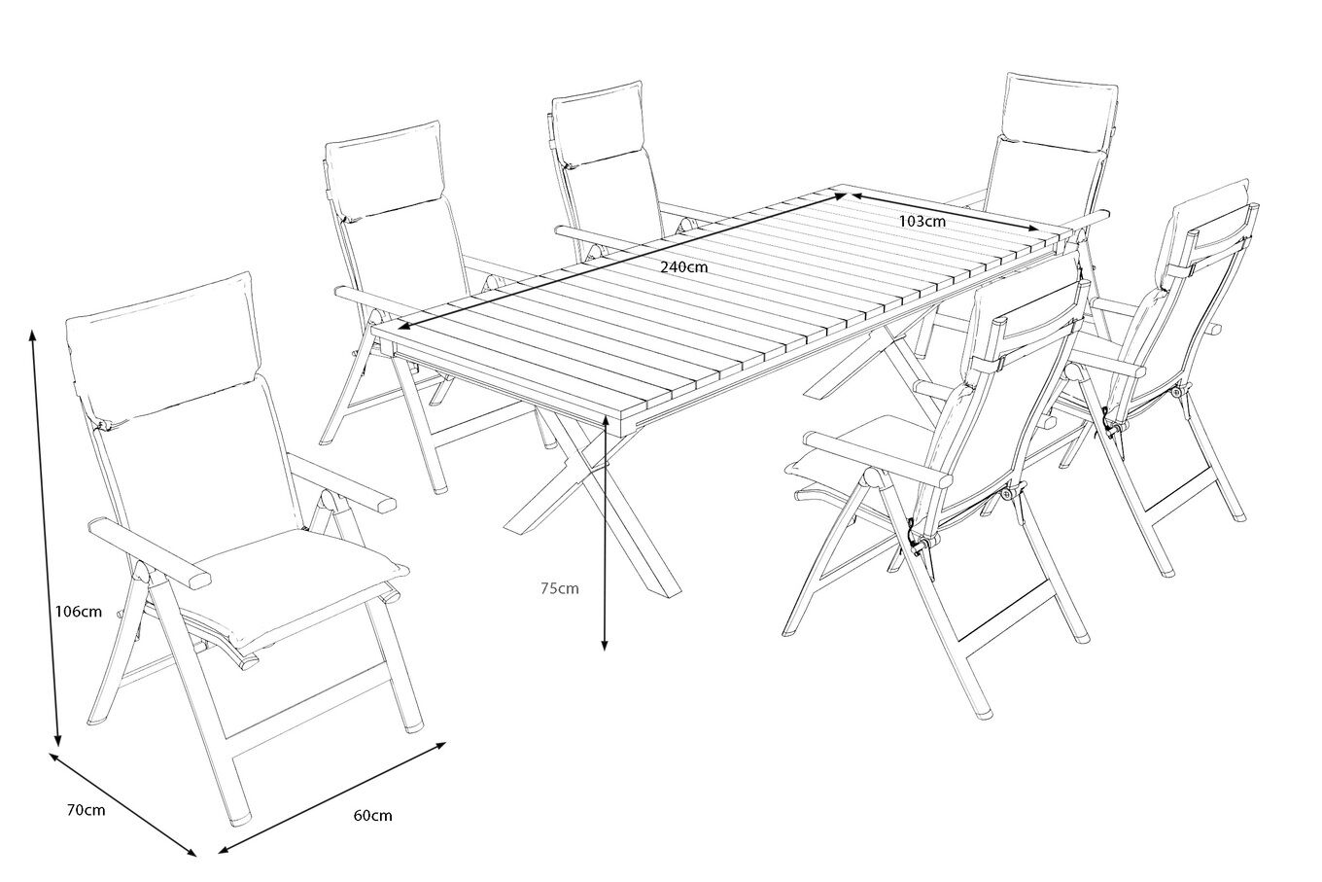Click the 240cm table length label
683,266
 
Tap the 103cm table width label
922,222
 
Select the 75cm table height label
560,588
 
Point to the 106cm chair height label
79,612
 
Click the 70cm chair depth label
87,810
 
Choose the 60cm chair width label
372,815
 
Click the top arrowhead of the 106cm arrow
32,335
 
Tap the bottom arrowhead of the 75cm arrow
605,645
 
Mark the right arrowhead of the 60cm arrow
440,745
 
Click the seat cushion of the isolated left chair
296,584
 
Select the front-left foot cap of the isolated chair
239,820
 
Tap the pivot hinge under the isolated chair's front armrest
140,571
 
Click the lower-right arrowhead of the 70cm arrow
191,851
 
